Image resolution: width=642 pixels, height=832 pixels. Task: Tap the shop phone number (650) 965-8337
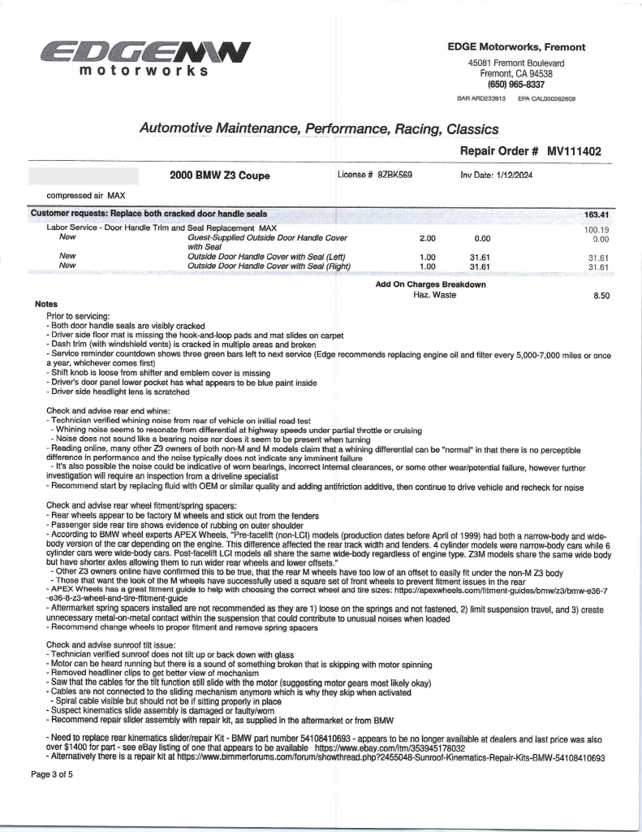[x=516, y=84]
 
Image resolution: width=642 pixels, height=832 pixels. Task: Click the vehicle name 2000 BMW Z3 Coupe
[x=220, y=175]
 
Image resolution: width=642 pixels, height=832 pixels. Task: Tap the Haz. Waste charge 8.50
[x=601, y=296]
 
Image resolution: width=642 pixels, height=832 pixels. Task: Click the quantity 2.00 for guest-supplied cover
[x=427, y=239]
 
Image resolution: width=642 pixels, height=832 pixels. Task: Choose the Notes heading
[x=46, y=304]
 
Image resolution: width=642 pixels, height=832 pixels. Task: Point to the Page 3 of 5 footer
[x=52, y=774]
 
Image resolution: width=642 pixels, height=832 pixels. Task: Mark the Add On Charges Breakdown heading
[x=430, y=284]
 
